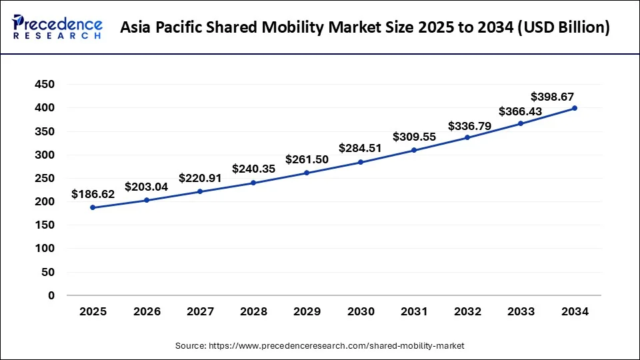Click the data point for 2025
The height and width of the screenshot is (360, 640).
(x=93, y=207)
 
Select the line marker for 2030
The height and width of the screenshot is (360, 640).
(x=361, y=162)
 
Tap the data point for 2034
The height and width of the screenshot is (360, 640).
(x=575, y=108)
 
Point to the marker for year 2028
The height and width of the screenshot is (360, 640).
(x=253, y=183)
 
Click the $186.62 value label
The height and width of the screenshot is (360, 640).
(x=93, y=195)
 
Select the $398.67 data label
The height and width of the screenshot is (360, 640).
(x=553, y=96)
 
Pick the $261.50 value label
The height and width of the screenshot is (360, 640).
(x=307, y=159)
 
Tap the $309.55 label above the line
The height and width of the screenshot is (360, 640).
(x=414, y=137)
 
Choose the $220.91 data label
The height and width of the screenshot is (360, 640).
(x=200, y=178)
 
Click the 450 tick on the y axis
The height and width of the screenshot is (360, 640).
(x=46, y=85)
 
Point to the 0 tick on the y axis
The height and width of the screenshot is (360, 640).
(x=51, y=295)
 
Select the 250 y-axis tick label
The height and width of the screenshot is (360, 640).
(x=46, y=178)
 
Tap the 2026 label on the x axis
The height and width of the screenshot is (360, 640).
(x=146, y=311)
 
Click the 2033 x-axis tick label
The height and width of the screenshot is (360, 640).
(x=521, y=311)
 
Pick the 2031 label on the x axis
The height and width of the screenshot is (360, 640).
(x=414, y=311)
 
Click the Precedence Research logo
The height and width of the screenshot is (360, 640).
(x=57, y=27)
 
